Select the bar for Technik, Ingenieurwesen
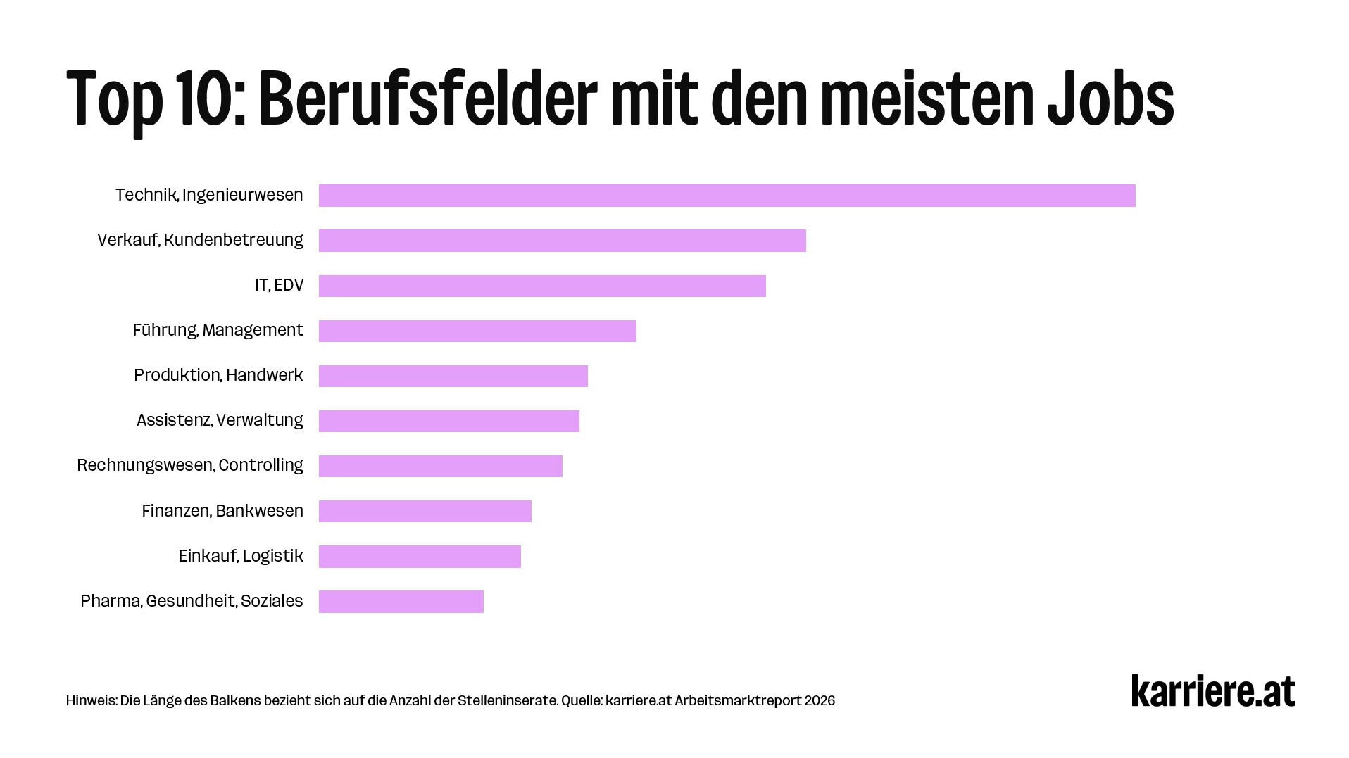pyautogui.click(x=727, y=196)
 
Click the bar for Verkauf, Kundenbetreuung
pyautogui.click(x=562, y=241)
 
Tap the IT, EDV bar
pyautogui.click(x=542, y=286)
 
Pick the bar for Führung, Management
pyautogui.click(x=477, y=331)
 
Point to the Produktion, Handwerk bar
pyautogui.click(x=453, y=376)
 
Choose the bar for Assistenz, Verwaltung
pyautogui.click(x=448, y=421)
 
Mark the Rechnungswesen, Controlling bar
pyautogui.click(x=440, y=466)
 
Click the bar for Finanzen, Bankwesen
pyautogui.click(x=425, y=511)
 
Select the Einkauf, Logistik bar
pyautogui.click(x=420, y=556)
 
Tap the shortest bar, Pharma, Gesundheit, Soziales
pyautogui.click(x=401, y=602)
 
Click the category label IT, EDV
pyautogui.click(x=279, y=285)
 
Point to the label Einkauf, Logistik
pyautogui.click(x=241, y=556)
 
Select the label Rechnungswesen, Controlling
pyautogui.click(x=189, y=465)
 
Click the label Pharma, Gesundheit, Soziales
pyautogui.click(x=192, y=601)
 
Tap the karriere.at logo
pyautogui.click(x=1212, y=691)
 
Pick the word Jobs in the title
pyautogui.click(x=1110, y=99)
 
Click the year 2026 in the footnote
pyautogui.click(x=820, y=701)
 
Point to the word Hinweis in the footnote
pyautogui.click(x=90, y=701)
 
